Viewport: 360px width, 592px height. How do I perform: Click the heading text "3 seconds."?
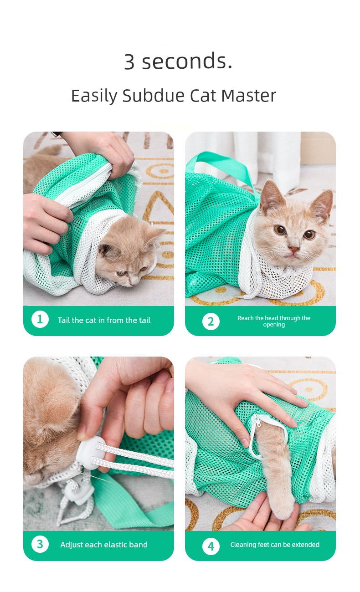(178, 61)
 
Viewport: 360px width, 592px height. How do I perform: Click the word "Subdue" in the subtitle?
(154, 96)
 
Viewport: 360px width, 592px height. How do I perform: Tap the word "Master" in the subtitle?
(249, 96)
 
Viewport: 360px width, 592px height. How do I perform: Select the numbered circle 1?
(40, 319)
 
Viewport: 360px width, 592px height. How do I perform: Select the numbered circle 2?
(211, 322)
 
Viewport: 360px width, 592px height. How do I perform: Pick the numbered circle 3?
(40, 544)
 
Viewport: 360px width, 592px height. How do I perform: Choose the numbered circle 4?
(211, 546)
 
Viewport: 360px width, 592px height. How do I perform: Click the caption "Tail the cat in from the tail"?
(104, 320)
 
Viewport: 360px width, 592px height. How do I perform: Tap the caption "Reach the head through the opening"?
(274, 321)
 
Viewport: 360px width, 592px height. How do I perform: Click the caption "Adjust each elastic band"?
(104, 545)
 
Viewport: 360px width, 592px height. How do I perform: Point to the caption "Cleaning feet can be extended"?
(275, 545)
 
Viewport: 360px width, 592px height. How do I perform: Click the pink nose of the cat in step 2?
(293, 249)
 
